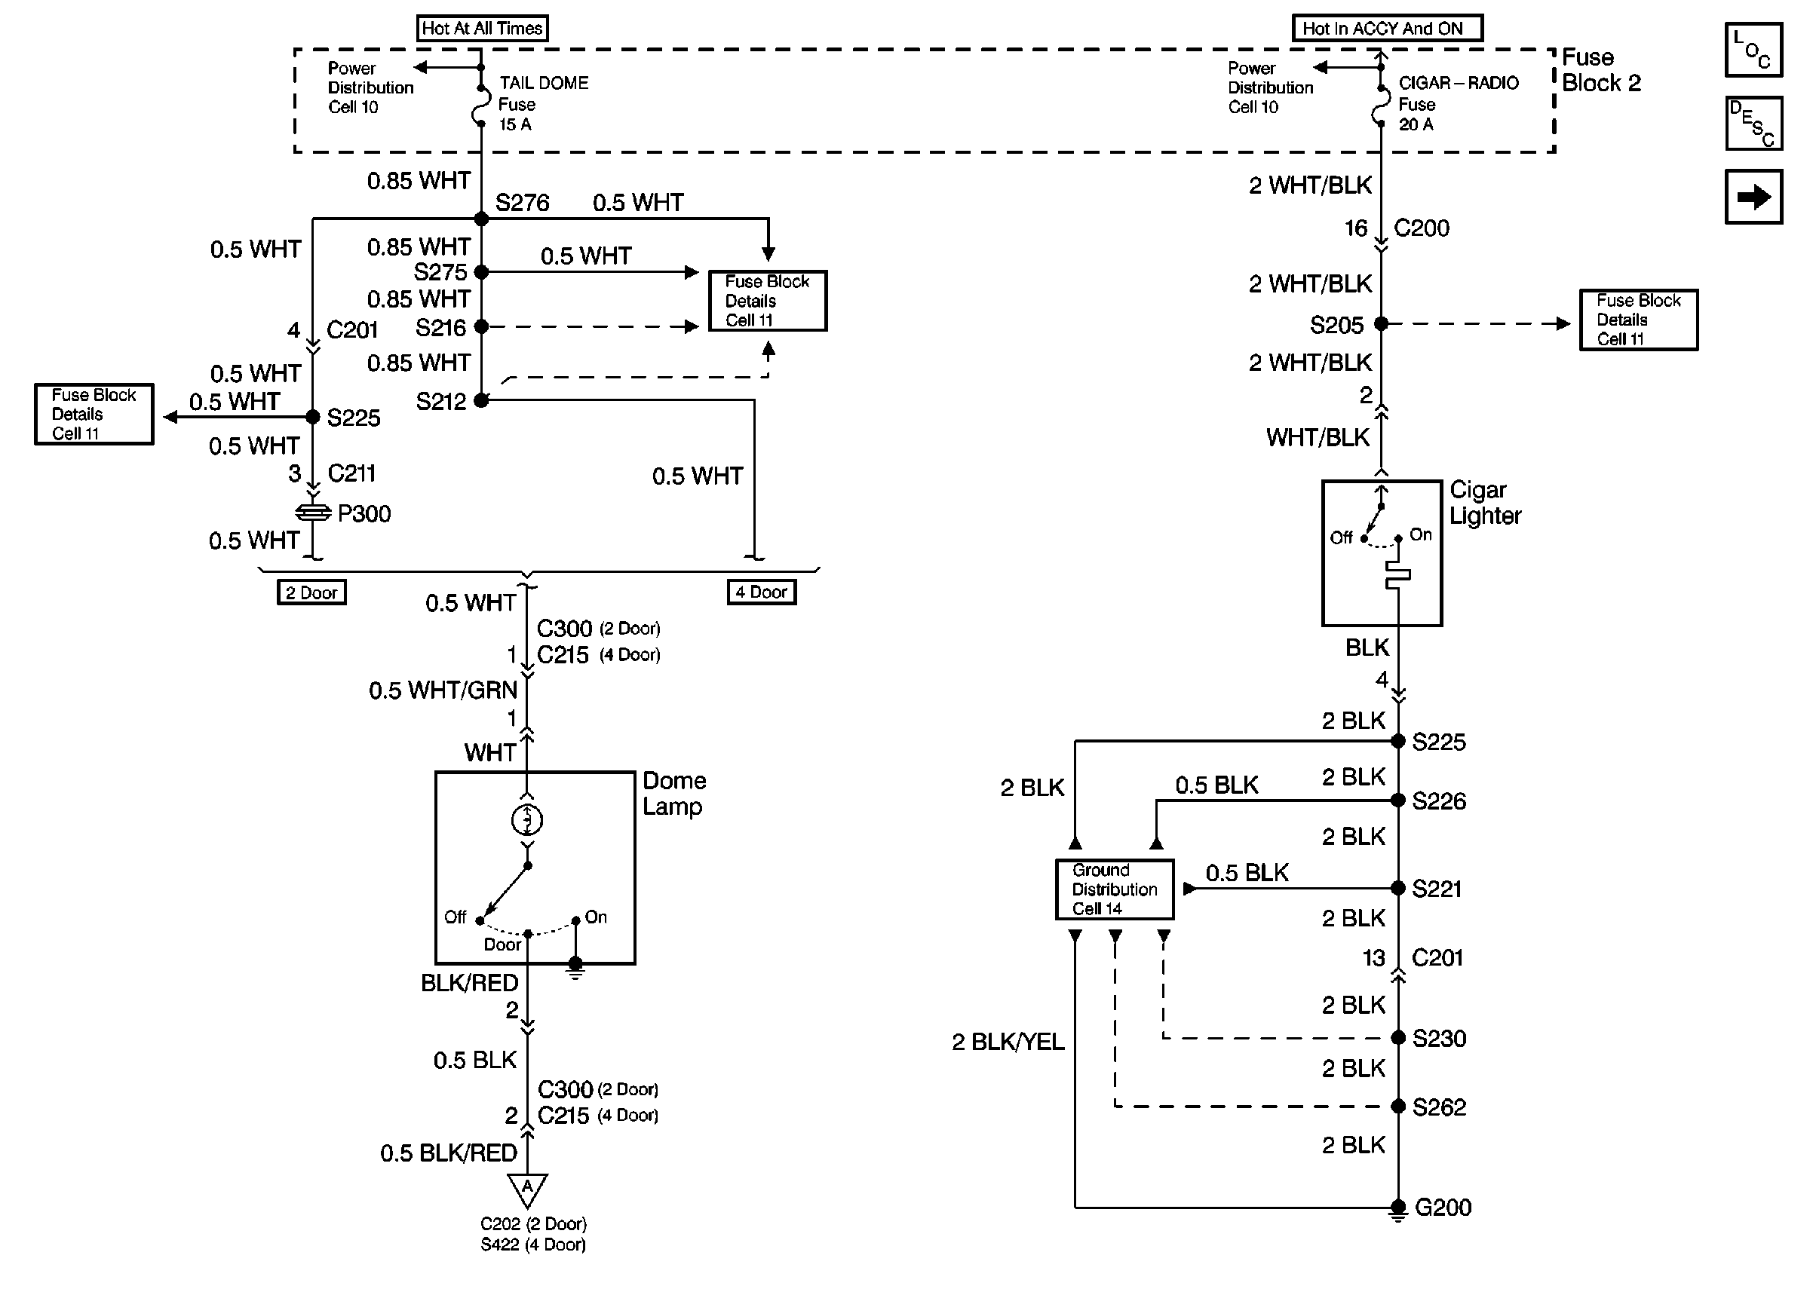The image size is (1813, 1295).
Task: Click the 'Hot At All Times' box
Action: pos(482,29)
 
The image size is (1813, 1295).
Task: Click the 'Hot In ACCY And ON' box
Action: pos(1386,29)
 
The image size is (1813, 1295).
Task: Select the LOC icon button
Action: pos(1753,50)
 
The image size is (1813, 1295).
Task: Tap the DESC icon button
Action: pos(1753,124)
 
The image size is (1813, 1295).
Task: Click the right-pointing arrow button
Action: pos(1753,196)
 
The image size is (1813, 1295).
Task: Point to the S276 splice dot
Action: pos(481,219)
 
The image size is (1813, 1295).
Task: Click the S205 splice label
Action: pos(1336,326)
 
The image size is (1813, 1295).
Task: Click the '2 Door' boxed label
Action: pos(311,592)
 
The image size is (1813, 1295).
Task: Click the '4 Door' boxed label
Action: pos(761,592)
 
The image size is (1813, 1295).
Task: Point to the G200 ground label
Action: pos(1442,1208)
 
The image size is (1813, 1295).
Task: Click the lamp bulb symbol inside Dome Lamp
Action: pos(526,819)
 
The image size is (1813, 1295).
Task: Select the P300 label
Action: pos(364,513)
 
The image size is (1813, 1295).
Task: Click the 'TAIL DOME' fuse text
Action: pos(543,83)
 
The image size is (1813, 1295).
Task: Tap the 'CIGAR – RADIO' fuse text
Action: pos(1458,83)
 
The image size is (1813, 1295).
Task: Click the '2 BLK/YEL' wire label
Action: pos(1008,1042)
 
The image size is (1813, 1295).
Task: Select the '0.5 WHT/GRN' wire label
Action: pos(443,690)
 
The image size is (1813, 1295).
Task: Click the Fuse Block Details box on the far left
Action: pos(94,414)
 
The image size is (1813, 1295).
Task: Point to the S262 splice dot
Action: pos(1397,1106)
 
